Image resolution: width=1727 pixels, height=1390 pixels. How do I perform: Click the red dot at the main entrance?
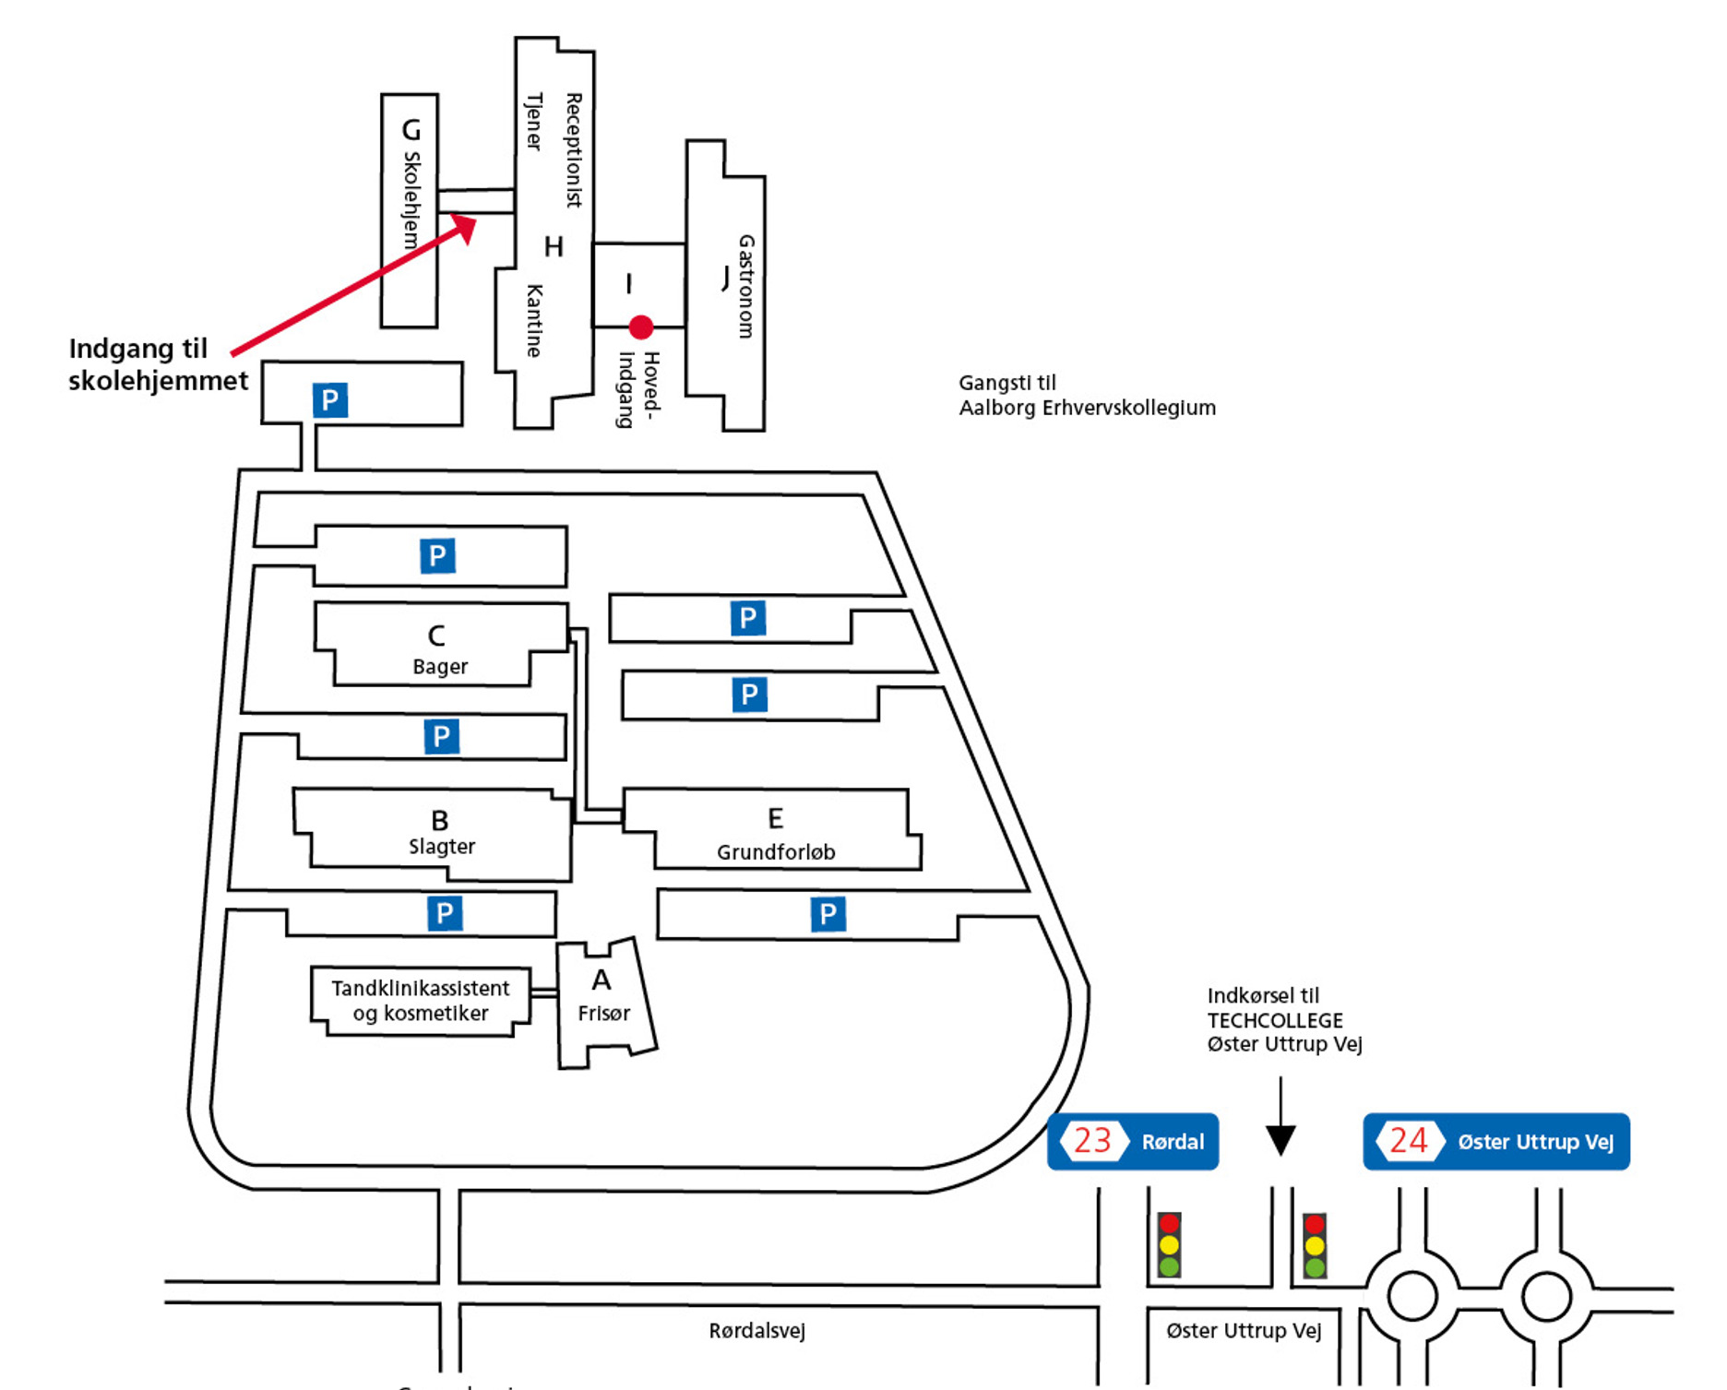(x=641, y=327)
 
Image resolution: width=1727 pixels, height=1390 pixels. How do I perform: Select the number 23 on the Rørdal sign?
(x=1092, y=1141)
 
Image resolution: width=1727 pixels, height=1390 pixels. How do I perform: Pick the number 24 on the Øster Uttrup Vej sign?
(x=1409, y=1141)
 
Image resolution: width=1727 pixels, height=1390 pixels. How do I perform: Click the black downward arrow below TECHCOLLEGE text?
(x=1280, y=1138)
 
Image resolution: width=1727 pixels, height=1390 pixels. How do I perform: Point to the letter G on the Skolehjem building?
(x=411, y=130)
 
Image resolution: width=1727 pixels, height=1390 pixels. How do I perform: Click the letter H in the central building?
(x=554, y=247)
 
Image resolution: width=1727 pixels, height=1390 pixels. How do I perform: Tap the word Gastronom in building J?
(x=745, y=286)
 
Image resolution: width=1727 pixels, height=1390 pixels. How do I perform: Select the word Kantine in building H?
(x=534, y=320)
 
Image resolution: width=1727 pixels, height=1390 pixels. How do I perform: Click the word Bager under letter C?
(x=440, y=667)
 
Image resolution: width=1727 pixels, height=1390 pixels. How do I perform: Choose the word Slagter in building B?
(x=442, y=847)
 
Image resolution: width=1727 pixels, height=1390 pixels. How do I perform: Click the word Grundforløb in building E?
(x=776, y=852)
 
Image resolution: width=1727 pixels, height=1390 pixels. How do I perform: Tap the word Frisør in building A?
(x=604, y=1014)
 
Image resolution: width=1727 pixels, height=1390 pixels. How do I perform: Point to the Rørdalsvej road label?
(x=756, y=1331)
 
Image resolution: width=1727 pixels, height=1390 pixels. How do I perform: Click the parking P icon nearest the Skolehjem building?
(x=330, y=400)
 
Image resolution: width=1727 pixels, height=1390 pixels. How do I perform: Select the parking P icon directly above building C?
(x=437, y=556)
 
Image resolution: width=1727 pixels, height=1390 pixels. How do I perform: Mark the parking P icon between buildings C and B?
(x=441, y=736)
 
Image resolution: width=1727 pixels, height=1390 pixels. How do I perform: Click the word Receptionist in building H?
(x=574, y=149)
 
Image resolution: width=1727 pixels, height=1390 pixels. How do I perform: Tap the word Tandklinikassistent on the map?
(x=421, y=989)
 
